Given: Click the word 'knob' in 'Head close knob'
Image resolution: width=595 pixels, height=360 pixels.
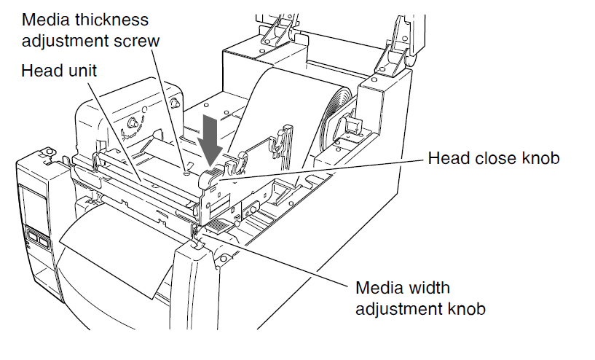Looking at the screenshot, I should coord(542,158).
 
